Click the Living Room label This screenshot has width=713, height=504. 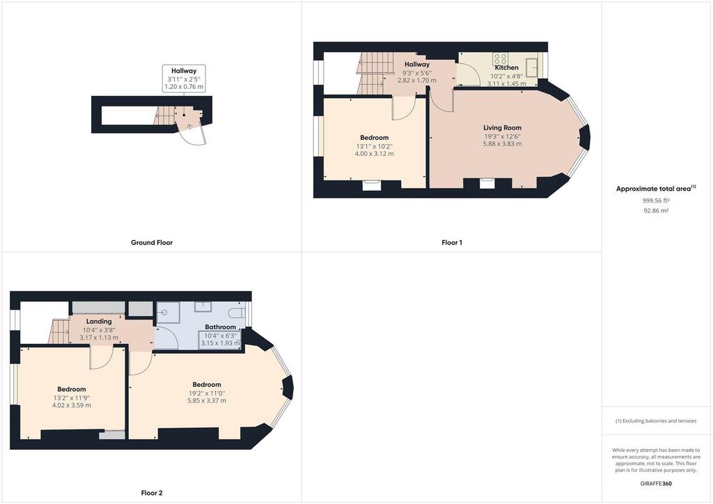click(502, 127)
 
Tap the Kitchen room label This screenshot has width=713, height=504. click(506, 68)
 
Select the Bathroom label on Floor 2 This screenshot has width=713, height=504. click(220, 327)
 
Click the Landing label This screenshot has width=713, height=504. click(100, 321)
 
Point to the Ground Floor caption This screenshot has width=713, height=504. click(151, 243)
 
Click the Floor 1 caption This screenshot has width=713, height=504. click(451, 243)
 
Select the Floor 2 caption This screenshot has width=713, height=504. click(151, 493)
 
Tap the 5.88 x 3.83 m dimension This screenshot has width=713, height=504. click(502, 144)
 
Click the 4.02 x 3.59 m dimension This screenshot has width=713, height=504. click(72, 405)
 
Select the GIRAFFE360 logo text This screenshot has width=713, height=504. click(657, 483)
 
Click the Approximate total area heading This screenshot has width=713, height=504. click(655, 188)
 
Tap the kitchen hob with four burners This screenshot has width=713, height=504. click(500, 59)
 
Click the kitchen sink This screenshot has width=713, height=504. click(532, 66)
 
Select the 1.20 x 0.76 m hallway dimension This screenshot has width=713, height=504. click(184, 87)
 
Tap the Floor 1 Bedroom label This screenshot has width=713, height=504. click(374, 137)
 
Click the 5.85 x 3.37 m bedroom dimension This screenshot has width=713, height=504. click(207, 401)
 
